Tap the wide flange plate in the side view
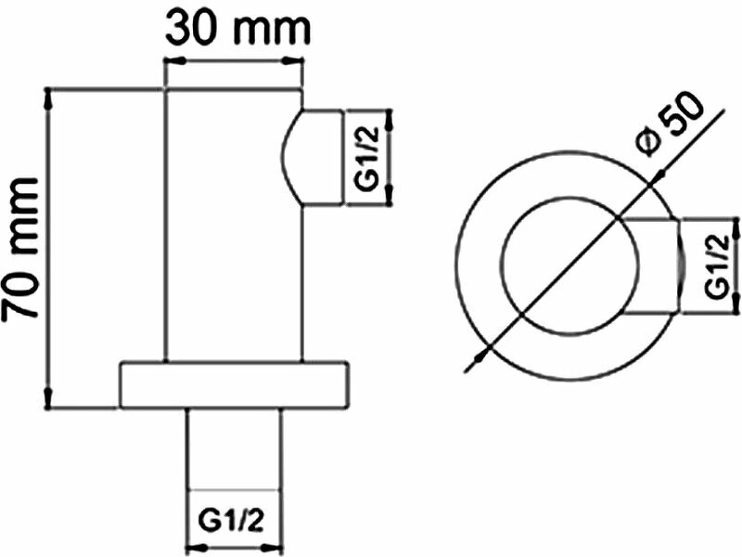[x=235, y=384]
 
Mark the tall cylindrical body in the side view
[x=233, y=223]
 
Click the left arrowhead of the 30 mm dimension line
[x=171, y=63]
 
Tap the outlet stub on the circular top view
[x=655, y=266]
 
